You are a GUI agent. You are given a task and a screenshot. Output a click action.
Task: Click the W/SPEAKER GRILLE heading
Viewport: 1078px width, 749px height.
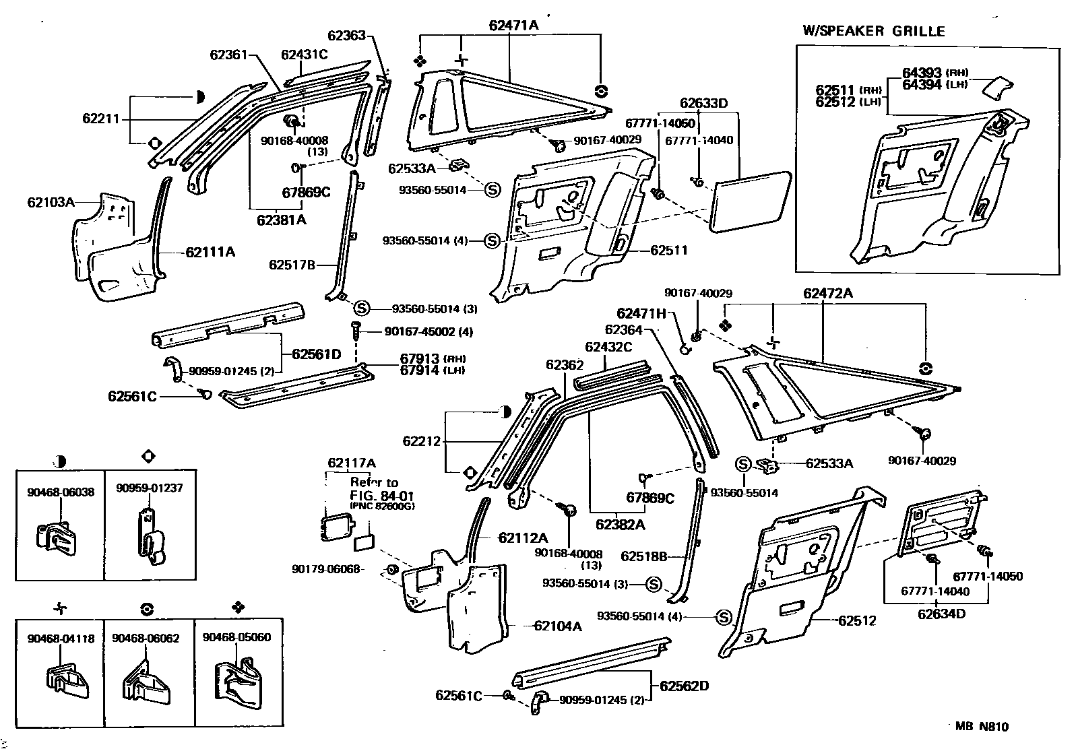pyautogui.click(x=873, y=31)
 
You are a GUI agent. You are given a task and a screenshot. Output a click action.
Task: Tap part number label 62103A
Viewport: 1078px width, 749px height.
pyautogui.click(x=51, y=201)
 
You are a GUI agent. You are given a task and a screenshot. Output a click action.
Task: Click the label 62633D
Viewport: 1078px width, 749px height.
pyautogui.click(x=704, y=103)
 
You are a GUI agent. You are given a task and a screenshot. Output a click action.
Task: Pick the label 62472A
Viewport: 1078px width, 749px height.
pyautogui.click(x=828, y=294)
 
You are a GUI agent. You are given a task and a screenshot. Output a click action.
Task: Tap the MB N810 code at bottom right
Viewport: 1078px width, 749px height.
pyautogui.click(x=982, y=726)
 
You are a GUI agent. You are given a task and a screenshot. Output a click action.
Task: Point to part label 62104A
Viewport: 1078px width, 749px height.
pyautogui.click(x=557, y=626)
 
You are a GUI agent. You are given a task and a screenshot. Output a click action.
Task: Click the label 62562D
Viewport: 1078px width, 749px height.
pyautogui.click(x=685, y=686)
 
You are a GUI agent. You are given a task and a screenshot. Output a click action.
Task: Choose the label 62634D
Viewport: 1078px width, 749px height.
pyautogui.click(x=941, y=614)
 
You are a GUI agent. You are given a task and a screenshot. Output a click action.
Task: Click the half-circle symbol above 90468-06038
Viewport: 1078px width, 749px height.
pyautogui.click(x=59, y=461)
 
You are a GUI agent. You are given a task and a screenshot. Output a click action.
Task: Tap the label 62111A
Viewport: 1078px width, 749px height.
pyautogui.click(x=210, y=253)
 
